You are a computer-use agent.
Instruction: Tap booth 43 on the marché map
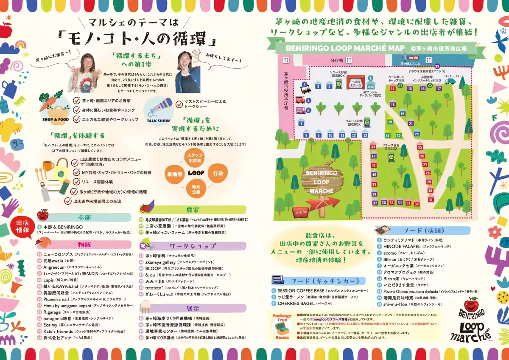pyautogui.click(x=373, y=147)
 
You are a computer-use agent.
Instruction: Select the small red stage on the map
pyautogui.click(x=355, y=82)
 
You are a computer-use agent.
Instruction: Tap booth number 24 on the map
pyautogui.click(x=417, y=134)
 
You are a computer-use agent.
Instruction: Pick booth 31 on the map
pyautogui.click(x=431, y=200)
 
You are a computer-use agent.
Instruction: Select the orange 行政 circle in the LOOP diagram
pyautogui.click(x=218, y=173)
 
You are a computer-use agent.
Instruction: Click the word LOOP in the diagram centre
pyautogui.click(x=196, y=173)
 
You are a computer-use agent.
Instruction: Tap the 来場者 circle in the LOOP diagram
pyautogui.click(x=174, y=174)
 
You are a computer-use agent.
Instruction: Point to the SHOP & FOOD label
pyautogui.click(x=55, y=120)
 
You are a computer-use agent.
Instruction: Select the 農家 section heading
pyautogui.click(x=193, y=209)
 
